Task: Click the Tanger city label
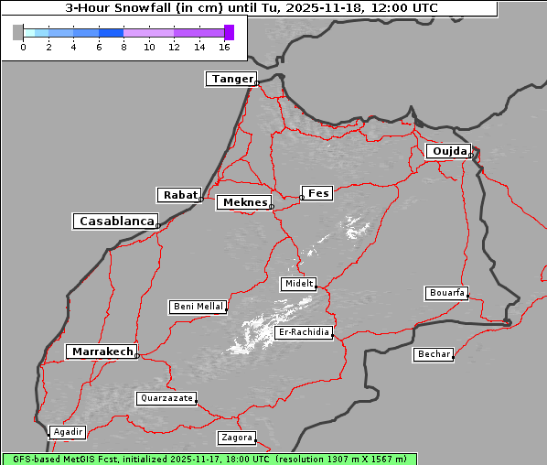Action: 231,79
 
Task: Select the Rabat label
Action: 179,195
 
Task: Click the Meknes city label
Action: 243,202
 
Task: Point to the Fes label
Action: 318,193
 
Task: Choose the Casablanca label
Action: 116,222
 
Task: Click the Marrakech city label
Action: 102,351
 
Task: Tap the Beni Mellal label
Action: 198,307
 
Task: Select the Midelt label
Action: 298,285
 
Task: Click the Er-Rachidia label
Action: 304,332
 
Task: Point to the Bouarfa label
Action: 447,293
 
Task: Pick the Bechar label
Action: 434,354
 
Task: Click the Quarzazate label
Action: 166,398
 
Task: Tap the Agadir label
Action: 68,432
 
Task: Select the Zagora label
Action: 236,438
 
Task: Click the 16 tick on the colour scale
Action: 225,47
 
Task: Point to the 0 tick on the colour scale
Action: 23,47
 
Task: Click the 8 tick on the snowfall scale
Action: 123,47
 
